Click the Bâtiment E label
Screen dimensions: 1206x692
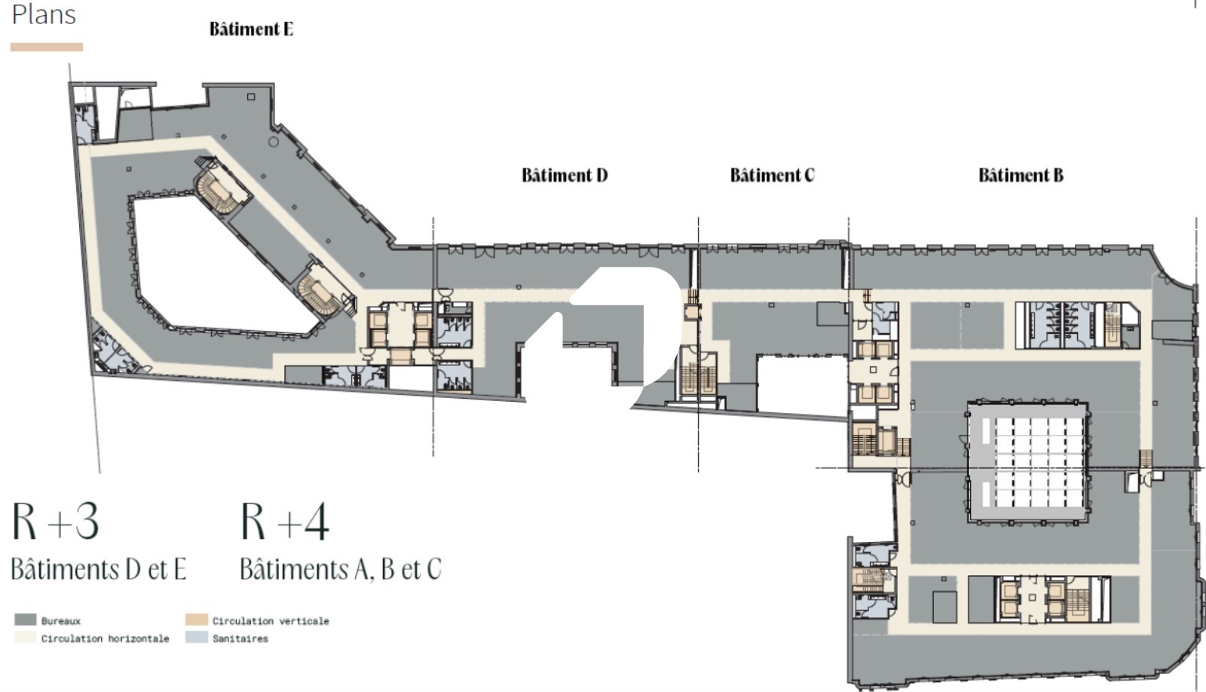pyautogui.click(x=251, y=29)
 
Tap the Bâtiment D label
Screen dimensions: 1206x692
pyautogui.click(x=565, y=175)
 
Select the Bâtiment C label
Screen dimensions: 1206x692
pyautogui.click(x=772, y=175)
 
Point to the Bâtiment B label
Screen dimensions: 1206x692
pyautogui.click(x=1021, y=175)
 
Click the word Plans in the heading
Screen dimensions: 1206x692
pyautogui.click(x=44, y=14)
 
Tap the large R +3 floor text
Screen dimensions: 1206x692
pyautogui.click(x=56, y=521)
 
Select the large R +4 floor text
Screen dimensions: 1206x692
pyautogui.click(x=284, y=521)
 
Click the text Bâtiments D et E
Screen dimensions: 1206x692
pyautogui.click(x=99, y=569)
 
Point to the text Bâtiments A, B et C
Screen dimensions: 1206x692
pyautogui.click(x=340, y=569)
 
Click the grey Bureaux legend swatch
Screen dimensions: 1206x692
pyautogui.click(x=26, y=620)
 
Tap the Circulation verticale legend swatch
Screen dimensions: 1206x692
pyautogui.click(x=197, y=620)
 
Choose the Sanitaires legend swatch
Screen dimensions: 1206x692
pyautogui.click(x=197, y=638)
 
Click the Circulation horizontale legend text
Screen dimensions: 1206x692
pyautogui.click(x=105, y=638)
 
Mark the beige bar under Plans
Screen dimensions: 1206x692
pyautogui.click(x=47, y=47)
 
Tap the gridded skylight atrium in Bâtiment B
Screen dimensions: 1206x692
pyautogui.click(x=1028, y=463)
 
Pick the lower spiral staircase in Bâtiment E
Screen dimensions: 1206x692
pyautogui.click(x=321, y=293)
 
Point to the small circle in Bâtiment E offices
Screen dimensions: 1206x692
pyautogui.click(x=274, y=142)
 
